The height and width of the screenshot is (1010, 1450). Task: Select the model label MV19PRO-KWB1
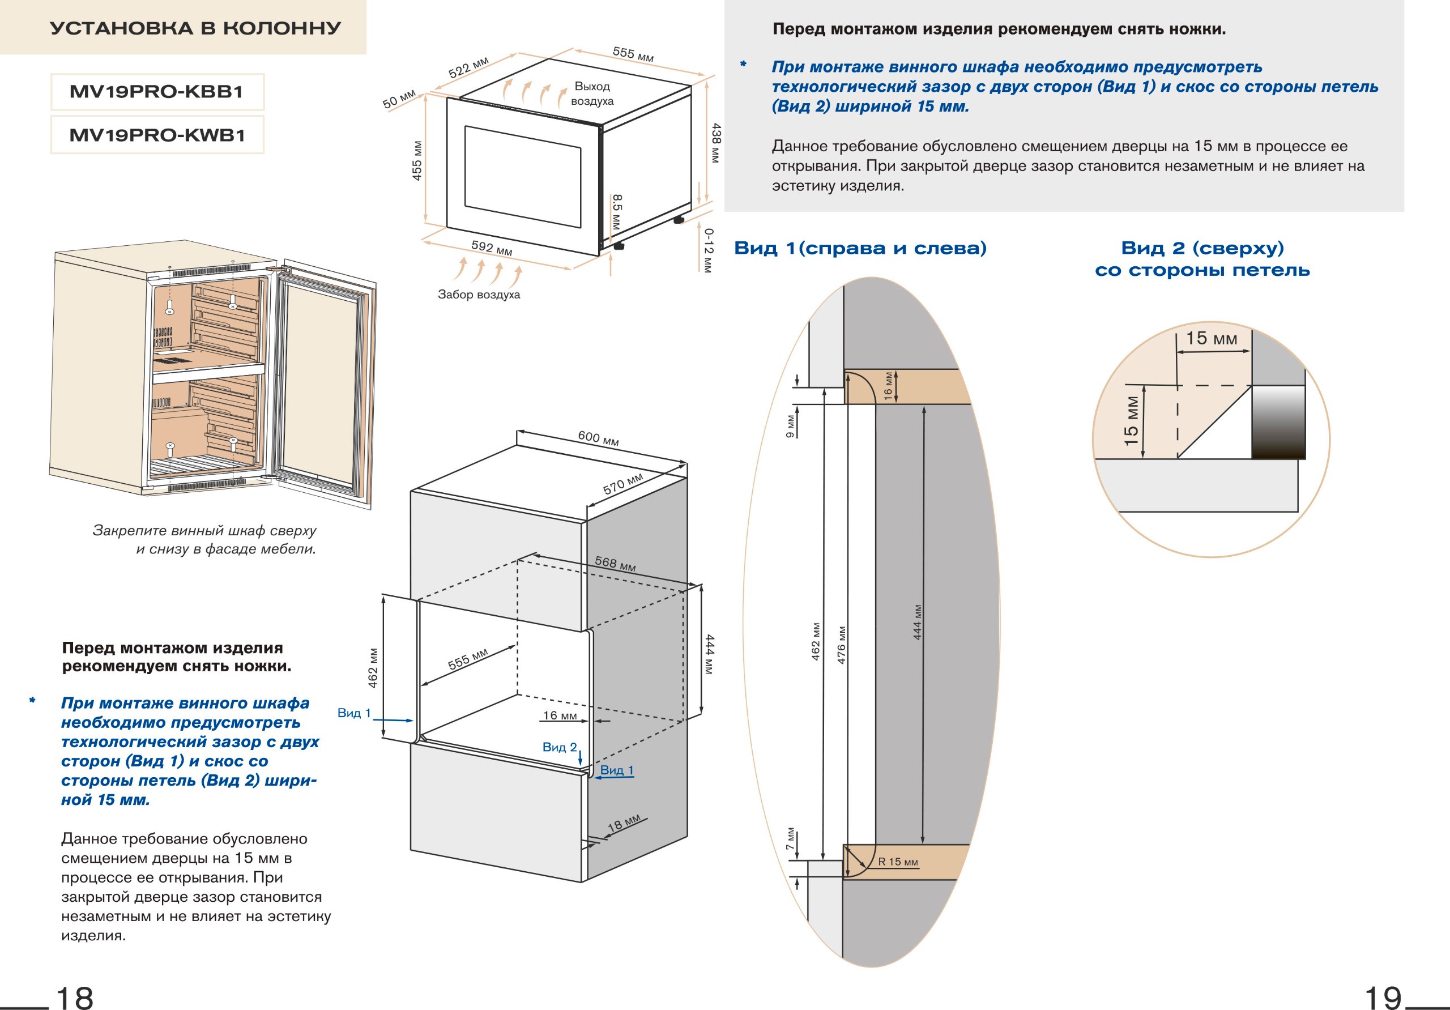coord(157,135)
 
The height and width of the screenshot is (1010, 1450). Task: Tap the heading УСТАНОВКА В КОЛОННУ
coord(195,28)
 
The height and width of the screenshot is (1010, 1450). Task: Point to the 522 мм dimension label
coord(468,67)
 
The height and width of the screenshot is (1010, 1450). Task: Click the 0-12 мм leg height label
coord(709,251)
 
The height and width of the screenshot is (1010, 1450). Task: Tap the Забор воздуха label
coord(479,295)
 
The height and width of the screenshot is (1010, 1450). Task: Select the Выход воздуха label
coord(592,93)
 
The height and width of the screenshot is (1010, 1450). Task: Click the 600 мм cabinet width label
coord(598,438)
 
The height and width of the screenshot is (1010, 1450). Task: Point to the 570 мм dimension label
coord(622,484)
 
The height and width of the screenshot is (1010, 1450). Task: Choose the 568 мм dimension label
coord(615,564)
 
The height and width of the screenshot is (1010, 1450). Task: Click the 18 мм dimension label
coord(624,823)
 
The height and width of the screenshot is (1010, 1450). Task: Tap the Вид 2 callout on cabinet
coord(560,747)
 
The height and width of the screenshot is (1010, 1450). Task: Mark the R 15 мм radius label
coord(898,862)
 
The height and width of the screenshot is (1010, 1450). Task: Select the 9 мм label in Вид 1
coord(790,427)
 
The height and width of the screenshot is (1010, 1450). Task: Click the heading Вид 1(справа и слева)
coord(860,248)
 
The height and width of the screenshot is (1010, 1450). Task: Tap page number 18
coord(75,999)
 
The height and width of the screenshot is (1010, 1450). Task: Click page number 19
coord(1383,999)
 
